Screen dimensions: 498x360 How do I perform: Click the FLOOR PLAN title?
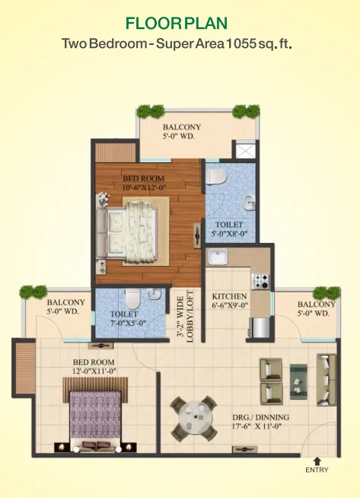click(x=180, y=24)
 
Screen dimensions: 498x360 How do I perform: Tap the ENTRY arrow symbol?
click(x=317, y=459)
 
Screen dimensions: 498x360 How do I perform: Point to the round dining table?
click(x=193, y=413)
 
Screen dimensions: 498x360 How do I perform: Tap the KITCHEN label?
click(x=229, y=296)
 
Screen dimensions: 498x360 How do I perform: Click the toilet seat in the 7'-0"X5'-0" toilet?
click(x=131, y=296)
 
